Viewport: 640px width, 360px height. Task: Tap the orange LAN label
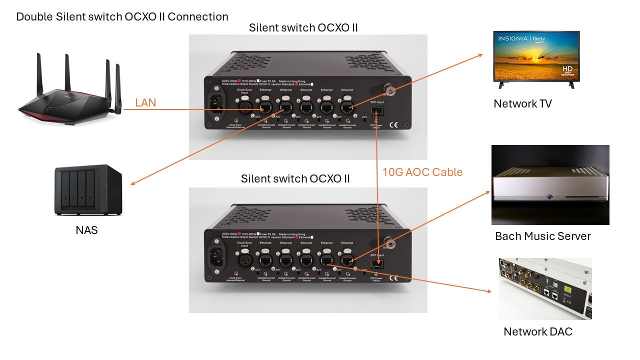pos(145,103)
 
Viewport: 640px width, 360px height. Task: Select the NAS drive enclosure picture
pos(88,190)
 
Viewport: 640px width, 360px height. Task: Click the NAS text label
pos(86,230)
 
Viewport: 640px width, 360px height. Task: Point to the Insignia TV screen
pos(536,56)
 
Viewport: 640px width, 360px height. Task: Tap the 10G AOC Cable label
pos(422,172)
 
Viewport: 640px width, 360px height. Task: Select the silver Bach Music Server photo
pos(550,185)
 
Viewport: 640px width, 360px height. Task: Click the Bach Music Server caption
pos(543,236)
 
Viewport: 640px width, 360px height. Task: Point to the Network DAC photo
pos(545,288)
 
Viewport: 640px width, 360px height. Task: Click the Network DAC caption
pos(538,331)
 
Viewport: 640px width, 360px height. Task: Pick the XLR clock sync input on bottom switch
pos(245,259)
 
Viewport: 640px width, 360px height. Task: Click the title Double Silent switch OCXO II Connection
pos(122,16)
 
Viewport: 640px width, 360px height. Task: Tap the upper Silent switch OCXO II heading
pos(303,27)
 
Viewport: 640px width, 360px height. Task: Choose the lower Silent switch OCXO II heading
pos(295,178)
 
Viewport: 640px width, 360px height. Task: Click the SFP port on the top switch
pos(377,110)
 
